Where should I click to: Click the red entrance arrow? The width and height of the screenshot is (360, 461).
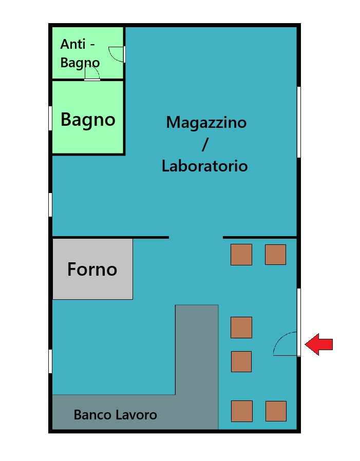(x=318, y=344)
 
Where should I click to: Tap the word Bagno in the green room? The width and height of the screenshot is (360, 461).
(x=88, y=120)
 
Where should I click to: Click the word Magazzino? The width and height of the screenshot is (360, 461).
(x=206, y=122)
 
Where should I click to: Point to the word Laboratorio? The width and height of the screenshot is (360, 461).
(x=205, y=166)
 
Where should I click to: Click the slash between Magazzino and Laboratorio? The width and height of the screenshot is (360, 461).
(x=205, y=144)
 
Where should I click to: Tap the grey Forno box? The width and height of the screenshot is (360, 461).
(x=92, y=269)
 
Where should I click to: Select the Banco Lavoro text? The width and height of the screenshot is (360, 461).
(x=116, y=415)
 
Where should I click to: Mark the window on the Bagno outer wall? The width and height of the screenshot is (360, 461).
(x=50, y=118)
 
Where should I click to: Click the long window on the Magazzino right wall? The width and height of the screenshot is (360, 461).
(x=299, y=122)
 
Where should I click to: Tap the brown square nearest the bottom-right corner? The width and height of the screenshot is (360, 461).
(x=276, y=411)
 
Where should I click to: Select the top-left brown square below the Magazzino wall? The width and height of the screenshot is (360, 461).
(x=241, y=255)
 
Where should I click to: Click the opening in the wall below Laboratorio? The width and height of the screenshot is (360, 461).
(x=196, y=237)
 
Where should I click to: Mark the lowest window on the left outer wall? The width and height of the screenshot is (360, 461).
(x=50, y=361)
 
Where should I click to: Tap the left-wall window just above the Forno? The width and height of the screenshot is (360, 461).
(x=50, y=205)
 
